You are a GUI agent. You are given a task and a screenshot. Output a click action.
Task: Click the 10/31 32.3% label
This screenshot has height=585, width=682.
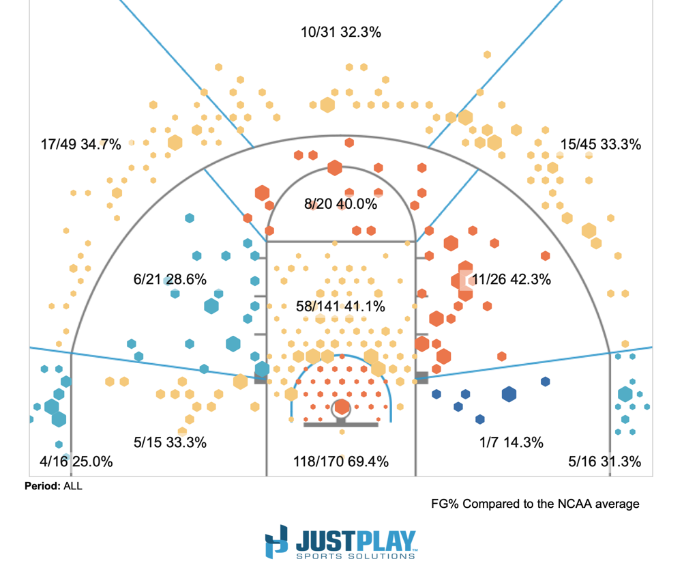(x=340, y=32)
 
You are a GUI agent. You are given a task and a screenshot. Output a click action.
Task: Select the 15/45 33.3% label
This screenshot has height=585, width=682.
(x=600, y=145)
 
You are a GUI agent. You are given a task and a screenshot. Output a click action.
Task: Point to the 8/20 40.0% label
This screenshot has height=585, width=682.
(x=340, y=204)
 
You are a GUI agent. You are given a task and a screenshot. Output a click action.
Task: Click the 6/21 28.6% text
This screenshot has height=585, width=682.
(x=170, y=279)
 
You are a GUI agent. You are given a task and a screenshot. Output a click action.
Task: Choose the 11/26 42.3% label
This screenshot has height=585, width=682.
(x=511, y=279)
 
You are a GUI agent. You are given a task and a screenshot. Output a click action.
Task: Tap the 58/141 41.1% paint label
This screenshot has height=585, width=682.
(x=340, y=306)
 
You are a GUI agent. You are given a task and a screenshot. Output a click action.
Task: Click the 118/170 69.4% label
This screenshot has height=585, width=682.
(x=340, y=462)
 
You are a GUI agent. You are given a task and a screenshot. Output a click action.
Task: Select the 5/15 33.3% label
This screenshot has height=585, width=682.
(x=170, y=442)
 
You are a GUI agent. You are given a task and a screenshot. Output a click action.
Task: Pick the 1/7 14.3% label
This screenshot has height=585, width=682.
(x=512, y=442)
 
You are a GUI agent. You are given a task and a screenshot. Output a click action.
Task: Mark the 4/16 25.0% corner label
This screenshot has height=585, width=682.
(x=76, y=462)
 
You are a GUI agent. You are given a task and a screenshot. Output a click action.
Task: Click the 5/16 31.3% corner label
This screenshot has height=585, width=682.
(x=604, y=462)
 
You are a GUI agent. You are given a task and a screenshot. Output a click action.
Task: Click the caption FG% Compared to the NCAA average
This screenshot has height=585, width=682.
(x=535, y=504)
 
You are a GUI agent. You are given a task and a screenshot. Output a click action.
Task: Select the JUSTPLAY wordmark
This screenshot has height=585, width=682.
(x=355, y=541)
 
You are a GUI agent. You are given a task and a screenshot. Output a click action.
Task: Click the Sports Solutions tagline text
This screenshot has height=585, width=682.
(x=355, y=556)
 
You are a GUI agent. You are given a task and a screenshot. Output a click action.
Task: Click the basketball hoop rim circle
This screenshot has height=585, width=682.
(x=341, y=408)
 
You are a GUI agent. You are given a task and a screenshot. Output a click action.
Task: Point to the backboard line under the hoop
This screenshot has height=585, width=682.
(x=341, y=425)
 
